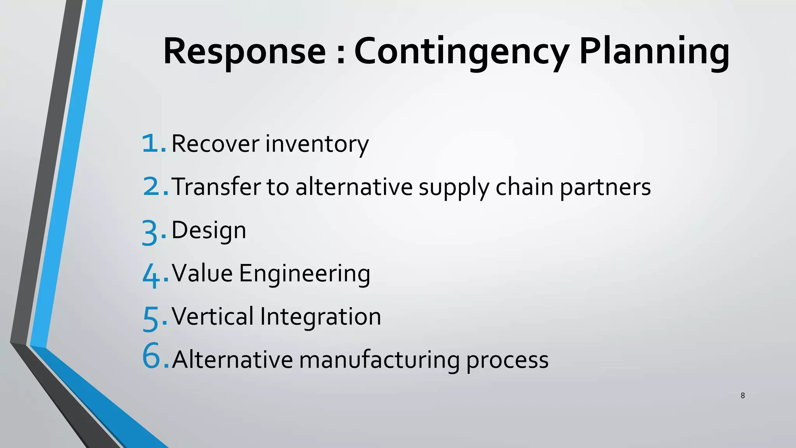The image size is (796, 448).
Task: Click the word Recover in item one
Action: pos(215,143)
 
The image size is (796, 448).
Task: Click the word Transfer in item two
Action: pos(216,187)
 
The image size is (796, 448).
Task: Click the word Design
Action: pos(209,231)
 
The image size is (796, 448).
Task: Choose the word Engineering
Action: pos(304,274)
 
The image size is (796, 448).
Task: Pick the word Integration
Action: pos(321,317)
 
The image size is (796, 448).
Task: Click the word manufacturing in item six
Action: pos(379,360)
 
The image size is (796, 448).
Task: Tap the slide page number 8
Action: pos(743,395)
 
